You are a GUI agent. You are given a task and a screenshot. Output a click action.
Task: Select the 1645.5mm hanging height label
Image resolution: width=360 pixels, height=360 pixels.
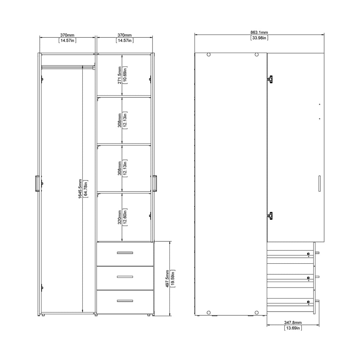coord(81,188)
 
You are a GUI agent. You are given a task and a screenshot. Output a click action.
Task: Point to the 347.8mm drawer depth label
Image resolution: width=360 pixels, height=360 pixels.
coord(293,322)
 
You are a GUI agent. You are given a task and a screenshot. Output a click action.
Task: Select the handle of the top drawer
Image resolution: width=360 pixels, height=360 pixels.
coord(125,252)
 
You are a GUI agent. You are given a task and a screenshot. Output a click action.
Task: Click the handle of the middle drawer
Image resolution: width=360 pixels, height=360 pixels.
coord(125,277)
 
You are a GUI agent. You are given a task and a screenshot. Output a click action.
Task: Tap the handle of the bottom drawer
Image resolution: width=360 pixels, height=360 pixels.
coord(125,301)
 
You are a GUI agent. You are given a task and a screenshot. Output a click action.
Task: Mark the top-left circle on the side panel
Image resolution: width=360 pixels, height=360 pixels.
coord(208,55)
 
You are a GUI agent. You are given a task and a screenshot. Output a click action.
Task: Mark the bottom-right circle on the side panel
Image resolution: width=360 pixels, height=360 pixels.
coord(256,313)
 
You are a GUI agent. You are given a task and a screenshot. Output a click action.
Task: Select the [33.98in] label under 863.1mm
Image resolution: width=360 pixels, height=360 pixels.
coord(259,38)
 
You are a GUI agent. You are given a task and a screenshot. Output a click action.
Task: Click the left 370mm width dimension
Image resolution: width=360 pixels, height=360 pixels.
coord(67,35)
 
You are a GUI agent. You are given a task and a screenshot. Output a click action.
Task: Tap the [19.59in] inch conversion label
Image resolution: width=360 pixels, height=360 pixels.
coord(173,279)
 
